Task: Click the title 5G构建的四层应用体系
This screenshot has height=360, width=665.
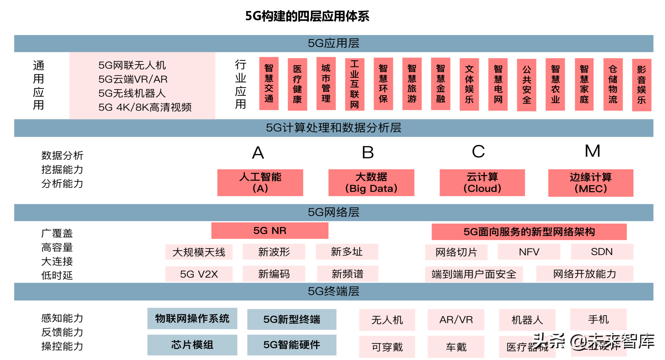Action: [x=307, y=16]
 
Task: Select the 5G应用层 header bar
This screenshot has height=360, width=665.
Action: [x=333, y=43]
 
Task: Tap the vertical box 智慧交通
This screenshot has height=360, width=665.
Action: [x=269, y=83]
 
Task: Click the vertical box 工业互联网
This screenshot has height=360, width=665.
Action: [x=354, y=84]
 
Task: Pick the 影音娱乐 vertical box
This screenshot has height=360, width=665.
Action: [x=641, y=85]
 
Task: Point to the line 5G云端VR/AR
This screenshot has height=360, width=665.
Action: [x=133, y=79]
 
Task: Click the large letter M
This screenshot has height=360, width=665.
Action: [x=592, y=151]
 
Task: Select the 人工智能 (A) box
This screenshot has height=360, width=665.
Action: [x=260, y=182]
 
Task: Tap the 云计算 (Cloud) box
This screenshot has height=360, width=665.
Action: [x=482, y=182]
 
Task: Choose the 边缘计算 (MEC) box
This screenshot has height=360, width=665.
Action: [x=590, y=183]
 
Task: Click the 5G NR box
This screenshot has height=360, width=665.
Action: [x=270, y=231]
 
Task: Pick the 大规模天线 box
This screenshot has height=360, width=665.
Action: [x=199, y=252]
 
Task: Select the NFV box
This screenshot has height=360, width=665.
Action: [x=529, y=252]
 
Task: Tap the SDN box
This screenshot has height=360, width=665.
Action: [x=602, y=252]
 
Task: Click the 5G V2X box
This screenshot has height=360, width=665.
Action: [x=199, y=274]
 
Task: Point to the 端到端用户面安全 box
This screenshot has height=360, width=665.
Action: [x=474, y=274]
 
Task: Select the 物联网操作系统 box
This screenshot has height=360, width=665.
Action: [x=192, y=319]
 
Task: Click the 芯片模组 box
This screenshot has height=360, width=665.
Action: [x=192, y=345]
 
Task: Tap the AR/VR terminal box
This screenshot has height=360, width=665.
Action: [x=456, y=320]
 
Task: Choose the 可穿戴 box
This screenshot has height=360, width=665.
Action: [x=387, y=347]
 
